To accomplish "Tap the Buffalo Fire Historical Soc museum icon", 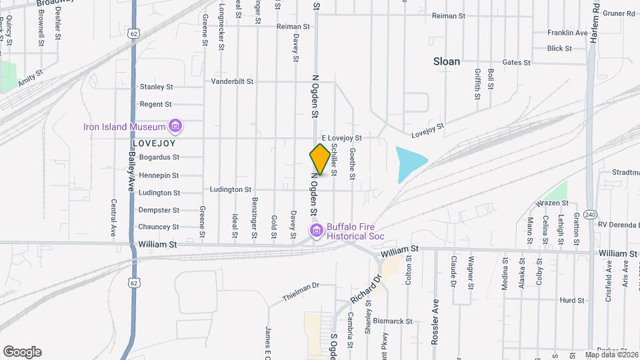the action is [316, 231].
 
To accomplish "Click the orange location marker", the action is [321, 159].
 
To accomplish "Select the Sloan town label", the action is [447, 61].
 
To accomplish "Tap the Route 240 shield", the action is [590, 214].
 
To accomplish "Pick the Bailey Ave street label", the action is [132, 170].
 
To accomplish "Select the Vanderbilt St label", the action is [233, 82].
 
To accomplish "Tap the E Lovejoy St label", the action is [341, 138].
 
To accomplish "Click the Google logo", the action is [22, 351].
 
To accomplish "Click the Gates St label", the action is [517, 63].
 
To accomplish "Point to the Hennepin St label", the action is [158, 175].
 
